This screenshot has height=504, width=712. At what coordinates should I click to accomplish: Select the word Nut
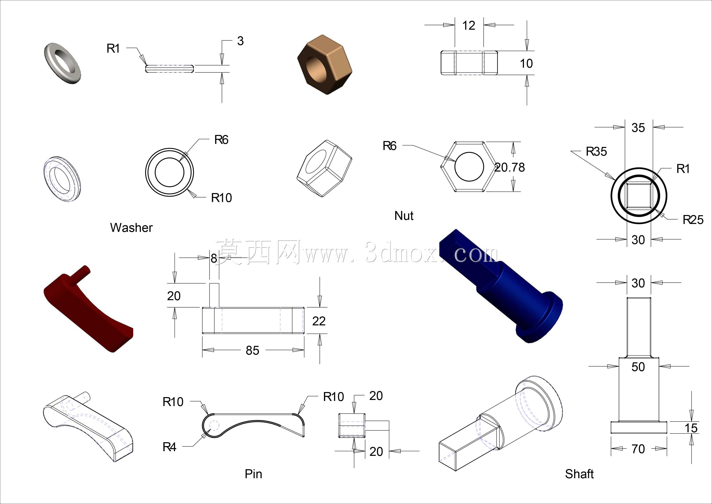pos(404,216)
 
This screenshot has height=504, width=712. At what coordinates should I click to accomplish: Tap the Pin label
pos(253,474)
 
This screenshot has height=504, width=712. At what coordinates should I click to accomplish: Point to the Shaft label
pos(579,474)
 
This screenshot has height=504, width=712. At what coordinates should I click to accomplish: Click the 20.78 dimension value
pos(510,168)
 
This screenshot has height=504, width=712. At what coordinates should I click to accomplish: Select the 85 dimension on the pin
pos(252,350)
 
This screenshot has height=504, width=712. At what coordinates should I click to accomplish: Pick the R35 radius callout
pos(596,151)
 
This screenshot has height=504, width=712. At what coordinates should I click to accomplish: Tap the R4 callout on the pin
pos(169,447)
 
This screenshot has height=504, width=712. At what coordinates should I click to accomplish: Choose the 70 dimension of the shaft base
pos(638,449)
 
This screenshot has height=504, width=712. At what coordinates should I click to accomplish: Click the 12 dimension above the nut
pos(469,25)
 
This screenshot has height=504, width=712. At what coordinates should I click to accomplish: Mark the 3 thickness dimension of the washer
pos(240,41)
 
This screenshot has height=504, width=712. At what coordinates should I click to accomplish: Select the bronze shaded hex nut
pos(325,65)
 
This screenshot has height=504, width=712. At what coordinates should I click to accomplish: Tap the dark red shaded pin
pos(88,309)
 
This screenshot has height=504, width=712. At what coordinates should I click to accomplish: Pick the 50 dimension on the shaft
pos(638,367)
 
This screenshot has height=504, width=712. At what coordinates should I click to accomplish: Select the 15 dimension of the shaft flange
pos(691,428)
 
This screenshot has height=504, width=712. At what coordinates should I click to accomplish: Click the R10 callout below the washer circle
pos(221,198)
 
